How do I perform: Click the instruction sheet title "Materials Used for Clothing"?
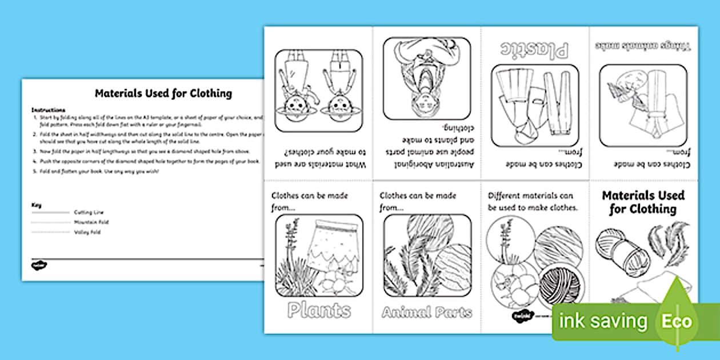pyautogui.click(x=163, y=93)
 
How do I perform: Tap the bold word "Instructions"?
pyautogui.click(x=49, y=110)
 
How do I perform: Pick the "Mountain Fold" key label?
pyautogui.click(x=91, y=222)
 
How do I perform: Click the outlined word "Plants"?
pyautogui.click(x=319, y=311)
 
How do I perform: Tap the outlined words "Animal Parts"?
pyautogui.click(x=427, y=313)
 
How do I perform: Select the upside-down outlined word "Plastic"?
pyautogui.click(x=535, y=50)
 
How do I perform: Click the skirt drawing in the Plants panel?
pyautogui.click(x=334, y=245)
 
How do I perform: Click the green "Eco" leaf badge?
pyautogui.click(x=677, y=321)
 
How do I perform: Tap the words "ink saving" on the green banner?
pyautogui.click(x=603, y=321)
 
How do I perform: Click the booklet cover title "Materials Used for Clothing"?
pyautogui.click(x=643, y=202)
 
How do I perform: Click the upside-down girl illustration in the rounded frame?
pyautogui.click(x=426, y=79)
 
